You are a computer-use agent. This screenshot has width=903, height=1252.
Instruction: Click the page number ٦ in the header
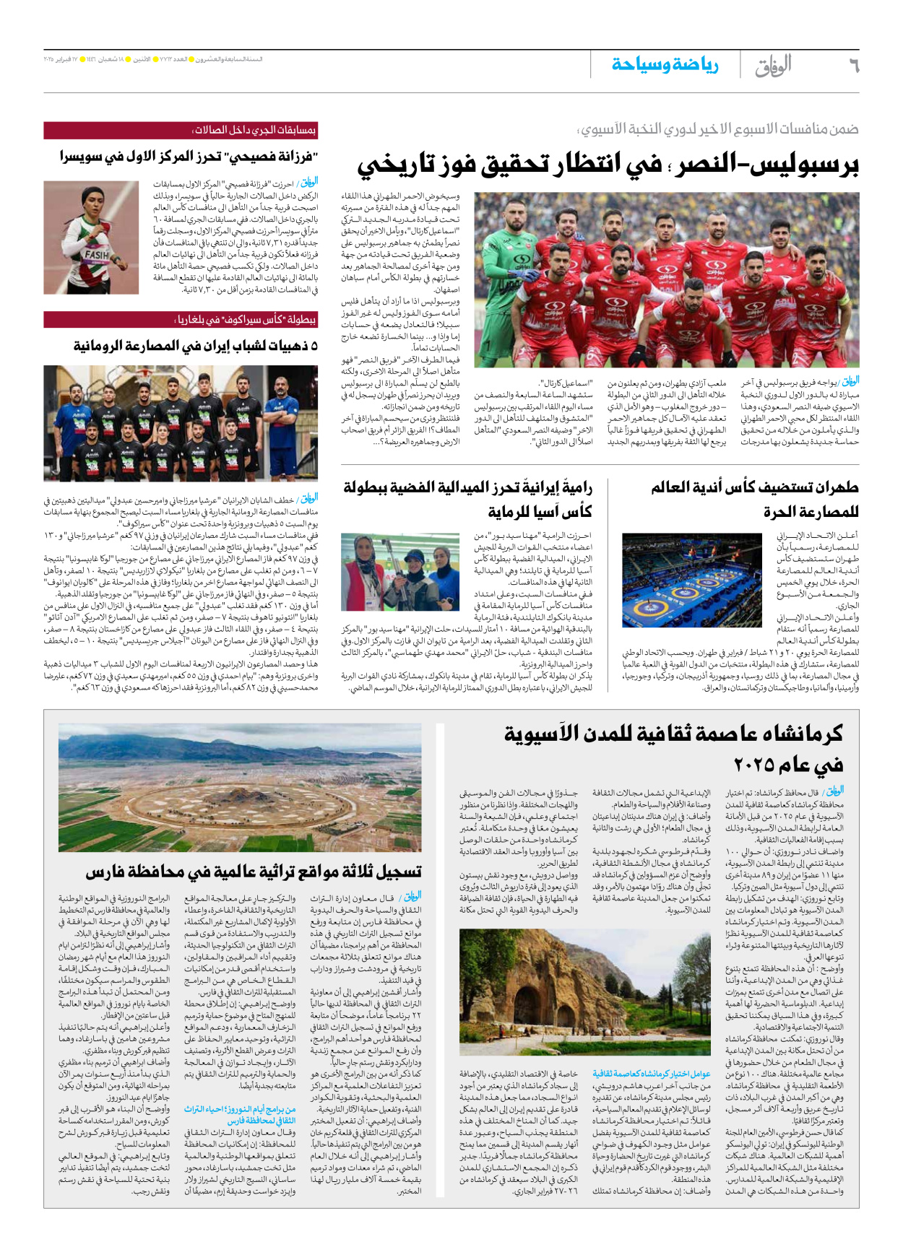[x=853, y=66]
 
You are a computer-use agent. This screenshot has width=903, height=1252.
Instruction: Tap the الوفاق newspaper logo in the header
[x=773, y=66]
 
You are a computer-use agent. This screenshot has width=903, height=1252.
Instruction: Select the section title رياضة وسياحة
[x=665, y=65]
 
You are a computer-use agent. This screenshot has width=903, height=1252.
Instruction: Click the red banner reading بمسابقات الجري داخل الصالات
[x=181, y=130]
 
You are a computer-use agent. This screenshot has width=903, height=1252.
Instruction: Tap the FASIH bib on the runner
[x=97, y=255]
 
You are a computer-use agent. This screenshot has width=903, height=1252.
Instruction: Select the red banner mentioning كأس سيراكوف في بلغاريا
[x=181, y=319]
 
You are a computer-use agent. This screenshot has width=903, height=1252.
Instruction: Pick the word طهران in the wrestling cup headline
[x=835, y=488]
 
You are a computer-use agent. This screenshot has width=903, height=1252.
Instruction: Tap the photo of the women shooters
[x=399, y=573]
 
